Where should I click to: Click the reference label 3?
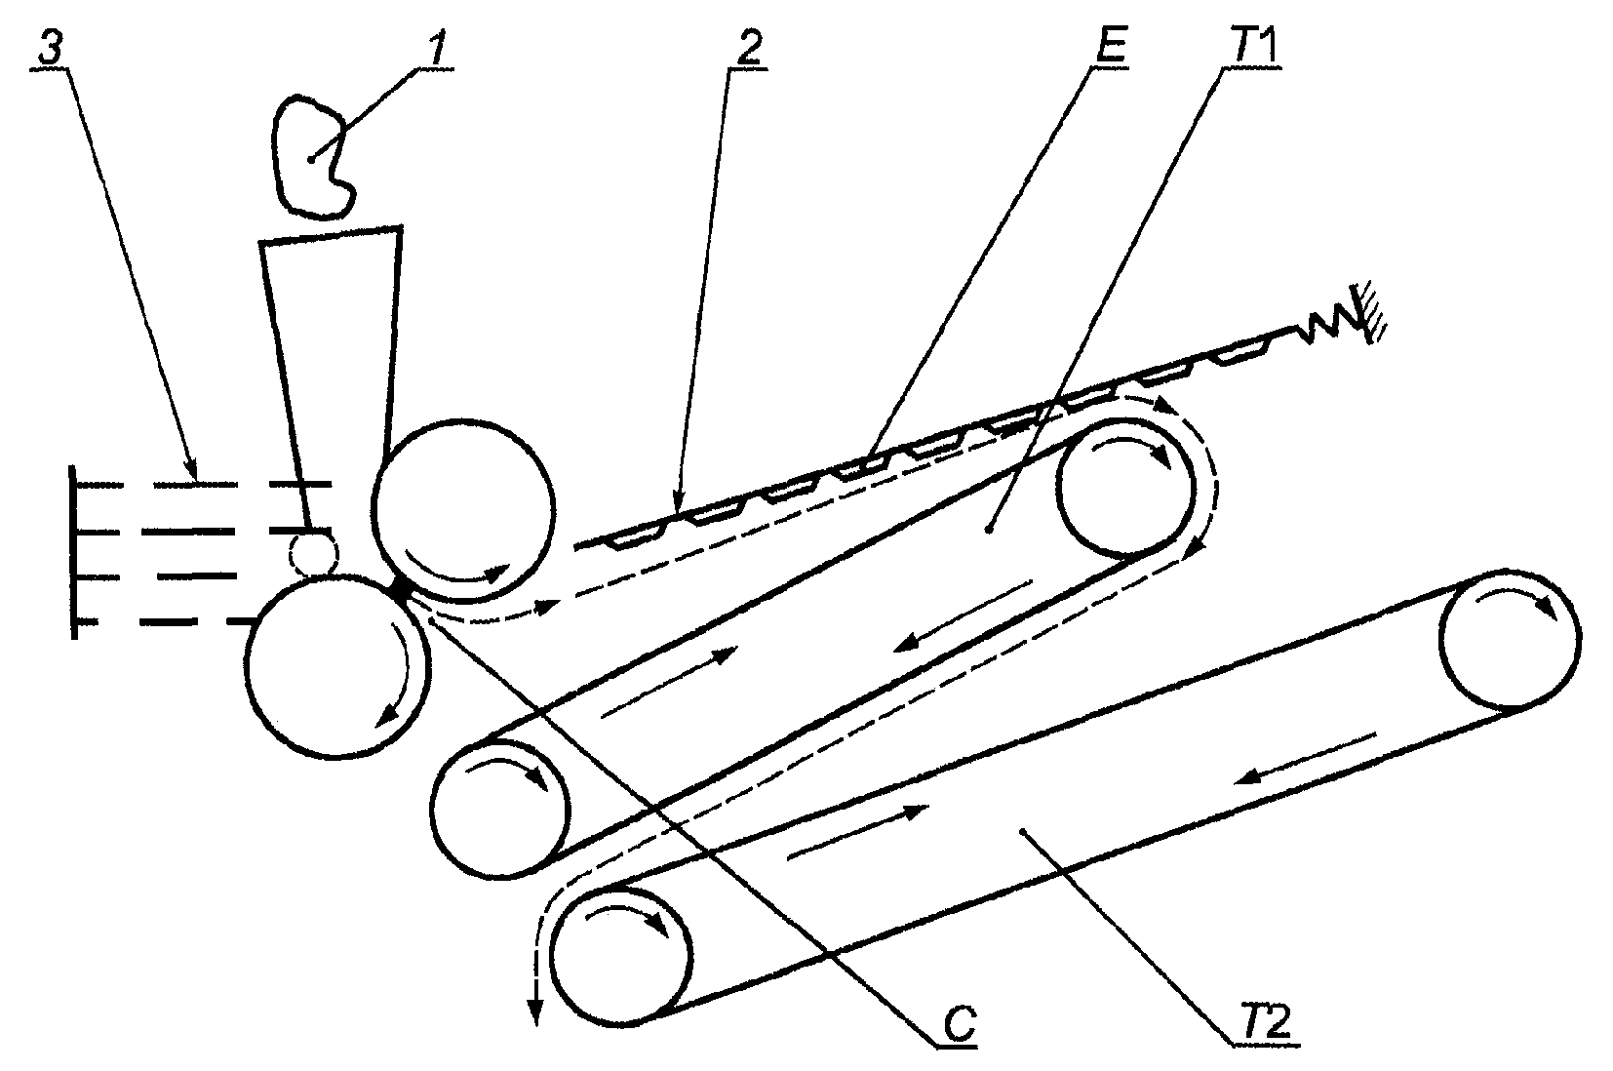51,48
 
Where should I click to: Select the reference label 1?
436,48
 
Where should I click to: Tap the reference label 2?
749,48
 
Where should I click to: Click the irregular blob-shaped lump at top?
312,156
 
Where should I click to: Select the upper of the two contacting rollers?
464,509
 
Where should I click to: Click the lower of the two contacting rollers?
337,665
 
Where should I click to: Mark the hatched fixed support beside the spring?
1368,313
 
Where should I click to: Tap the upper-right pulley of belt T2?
1511,638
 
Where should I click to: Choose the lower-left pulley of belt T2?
621,955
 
